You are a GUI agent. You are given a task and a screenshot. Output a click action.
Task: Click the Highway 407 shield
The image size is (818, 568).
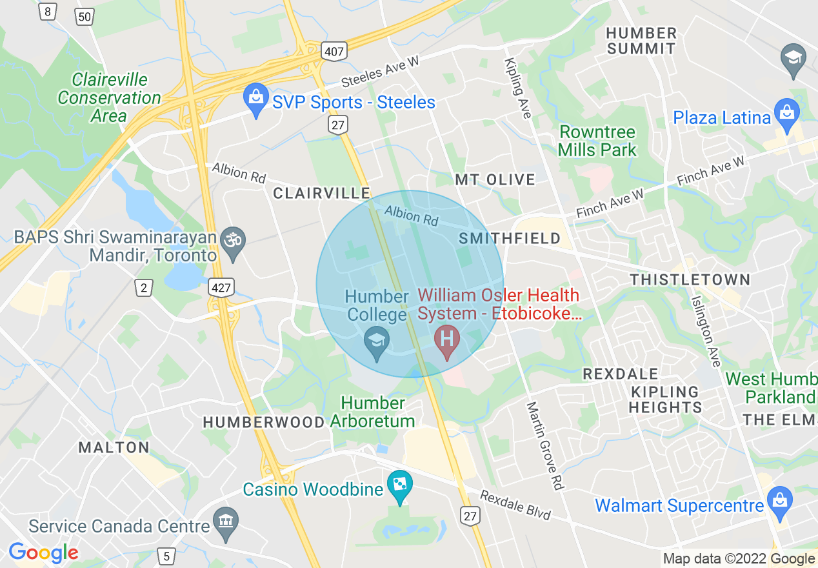click(335, 50)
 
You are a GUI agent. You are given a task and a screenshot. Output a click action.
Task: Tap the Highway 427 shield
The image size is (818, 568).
click(221, 287)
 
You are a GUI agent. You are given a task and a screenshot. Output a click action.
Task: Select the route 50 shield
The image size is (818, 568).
click(85, 16)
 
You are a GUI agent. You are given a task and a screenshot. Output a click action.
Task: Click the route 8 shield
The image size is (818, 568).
click(46, 11)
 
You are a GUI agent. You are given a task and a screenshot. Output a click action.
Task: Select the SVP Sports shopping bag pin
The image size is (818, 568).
click(256, 99)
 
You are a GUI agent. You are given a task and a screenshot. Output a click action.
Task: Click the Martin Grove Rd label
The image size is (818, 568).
click(544, 445)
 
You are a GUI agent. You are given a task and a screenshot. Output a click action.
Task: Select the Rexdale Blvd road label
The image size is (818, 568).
click(515, 505)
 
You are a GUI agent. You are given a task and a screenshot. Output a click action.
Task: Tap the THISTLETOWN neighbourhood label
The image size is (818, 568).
click(690, 279)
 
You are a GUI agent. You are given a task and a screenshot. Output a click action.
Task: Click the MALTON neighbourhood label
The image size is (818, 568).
click(114, 447)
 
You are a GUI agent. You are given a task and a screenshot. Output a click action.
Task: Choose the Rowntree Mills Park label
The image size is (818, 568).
click(597, 141)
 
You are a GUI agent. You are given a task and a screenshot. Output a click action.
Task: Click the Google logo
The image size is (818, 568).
click(43, 553)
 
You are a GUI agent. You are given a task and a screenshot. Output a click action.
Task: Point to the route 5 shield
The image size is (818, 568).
click(166, 556)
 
